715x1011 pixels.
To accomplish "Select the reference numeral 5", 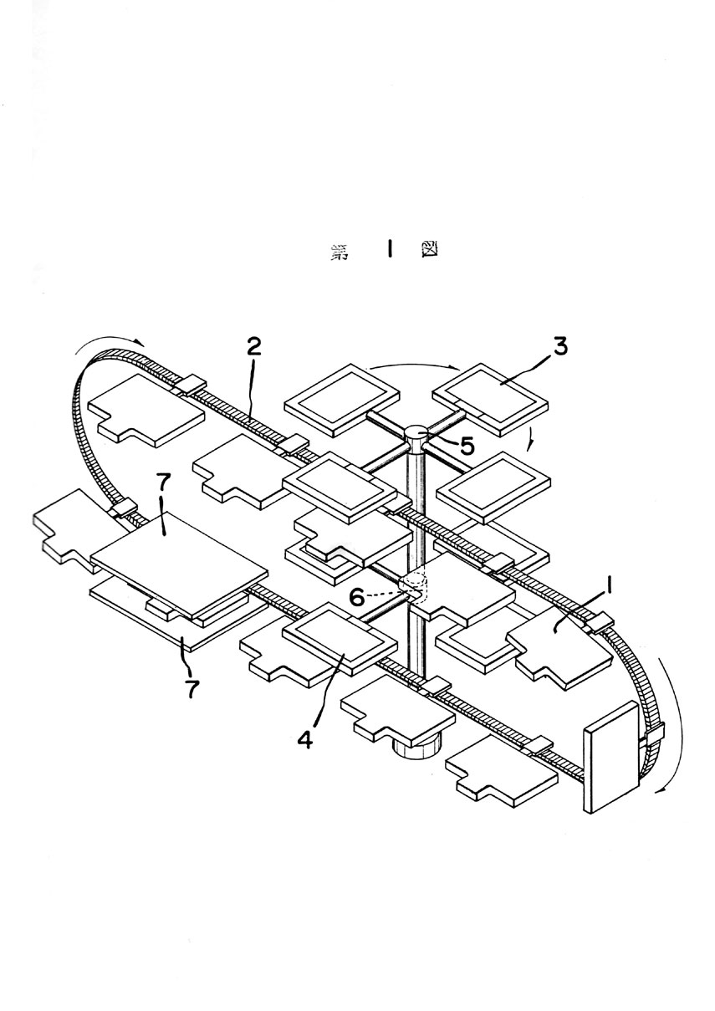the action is [x=467, y=446].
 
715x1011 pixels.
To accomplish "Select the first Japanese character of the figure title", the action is [x=340, y=252].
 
